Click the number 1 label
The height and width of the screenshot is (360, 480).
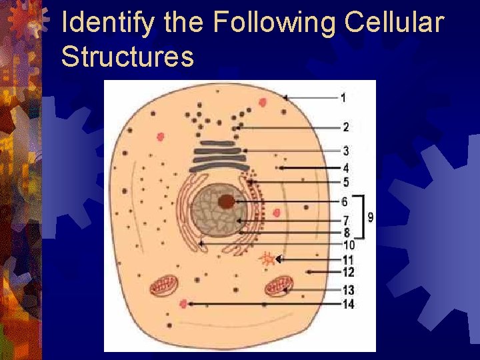(343, 98)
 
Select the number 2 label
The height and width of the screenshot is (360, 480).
(345, 127)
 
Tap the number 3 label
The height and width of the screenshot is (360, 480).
(345, 151)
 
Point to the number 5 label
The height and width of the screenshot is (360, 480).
(345, 182)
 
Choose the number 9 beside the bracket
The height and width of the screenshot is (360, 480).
(371, 217)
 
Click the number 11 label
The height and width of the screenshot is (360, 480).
(347, 259)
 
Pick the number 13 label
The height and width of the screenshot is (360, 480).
(348, 290)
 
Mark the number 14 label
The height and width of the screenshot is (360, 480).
(348, 305)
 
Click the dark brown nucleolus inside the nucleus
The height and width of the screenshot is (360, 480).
(227, 201)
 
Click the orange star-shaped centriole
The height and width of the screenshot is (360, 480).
(267, 259)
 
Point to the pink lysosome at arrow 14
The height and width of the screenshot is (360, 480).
(183, 305)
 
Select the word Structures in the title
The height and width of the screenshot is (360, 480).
(127, 57)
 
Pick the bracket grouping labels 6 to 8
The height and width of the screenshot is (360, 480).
(361, 217)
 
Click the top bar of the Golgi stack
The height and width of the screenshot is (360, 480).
(215, 143)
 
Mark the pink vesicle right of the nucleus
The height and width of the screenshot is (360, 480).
(277, 213)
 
